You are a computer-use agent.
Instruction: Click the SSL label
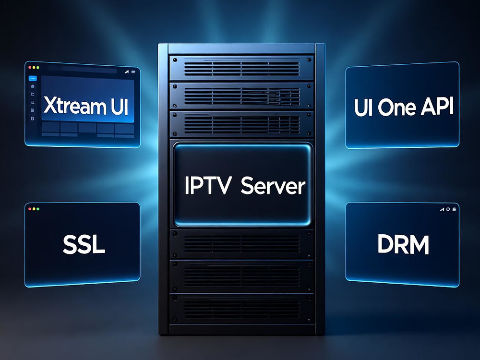point(84,244)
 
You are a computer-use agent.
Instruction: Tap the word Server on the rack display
point(273,186)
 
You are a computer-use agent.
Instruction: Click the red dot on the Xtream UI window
point(30,67)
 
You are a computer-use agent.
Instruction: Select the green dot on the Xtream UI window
point(37,68)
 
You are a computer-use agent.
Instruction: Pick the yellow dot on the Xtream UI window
point(34,67)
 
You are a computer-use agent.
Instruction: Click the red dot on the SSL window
point(30,209)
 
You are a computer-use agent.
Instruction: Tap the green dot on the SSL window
point(38,209)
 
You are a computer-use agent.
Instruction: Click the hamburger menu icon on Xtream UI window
point(133,72)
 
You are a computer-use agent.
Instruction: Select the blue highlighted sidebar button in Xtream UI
point(33,79)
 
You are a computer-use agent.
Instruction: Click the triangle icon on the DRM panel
point(443,209)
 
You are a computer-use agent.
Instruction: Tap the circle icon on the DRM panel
point(448,209)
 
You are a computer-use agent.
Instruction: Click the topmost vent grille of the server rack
point(241,69)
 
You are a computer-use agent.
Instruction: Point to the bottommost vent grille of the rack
point(241,309)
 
